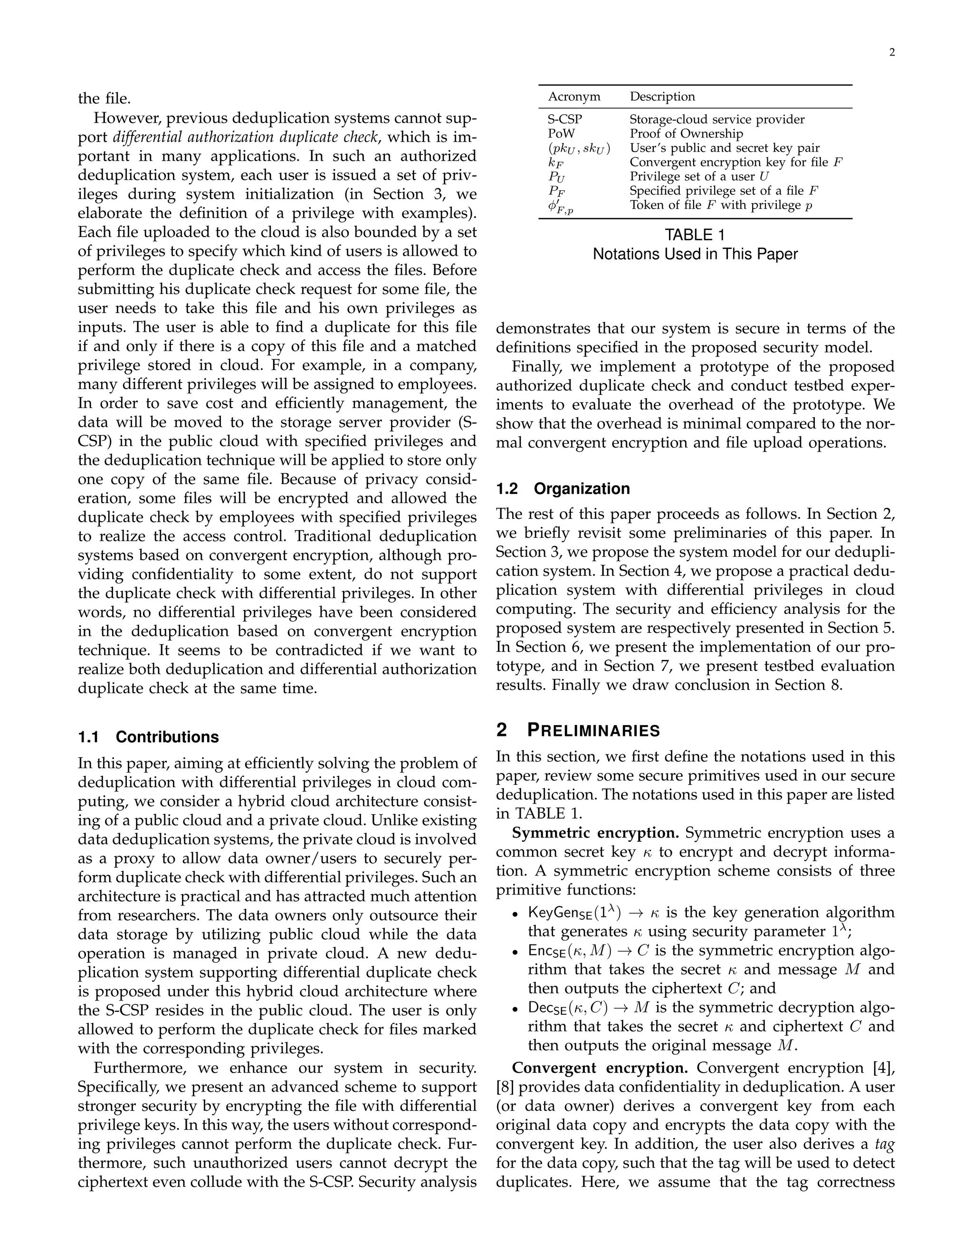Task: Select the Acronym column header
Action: tap(573, 97)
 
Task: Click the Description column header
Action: tap(662, 97)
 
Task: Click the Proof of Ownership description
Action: tap(686, 134)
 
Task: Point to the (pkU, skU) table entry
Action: tap(579, 148)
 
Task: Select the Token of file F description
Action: tap(721, 205)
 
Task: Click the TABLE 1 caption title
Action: tap(695, 235)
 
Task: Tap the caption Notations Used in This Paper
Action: tap(695, 254)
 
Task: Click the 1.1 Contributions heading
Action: tap(148, 737)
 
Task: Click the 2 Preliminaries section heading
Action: tap(578, 730)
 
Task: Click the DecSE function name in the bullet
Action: tap(548, 1008)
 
